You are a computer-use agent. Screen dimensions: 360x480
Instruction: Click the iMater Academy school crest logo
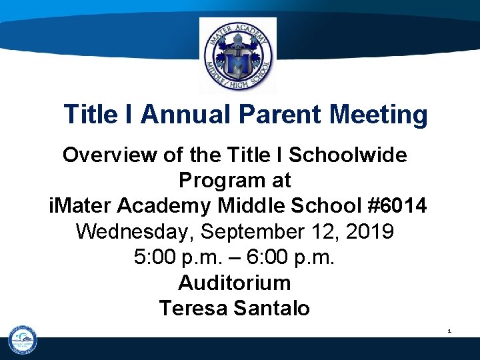point(237,56)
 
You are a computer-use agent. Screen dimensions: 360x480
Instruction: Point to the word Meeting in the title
point(379,115)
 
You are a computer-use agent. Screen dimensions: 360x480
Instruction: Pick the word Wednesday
point(135,232)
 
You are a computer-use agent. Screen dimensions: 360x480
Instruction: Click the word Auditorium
point(235,283)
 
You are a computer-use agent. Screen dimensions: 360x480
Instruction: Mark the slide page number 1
point(449,331)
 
